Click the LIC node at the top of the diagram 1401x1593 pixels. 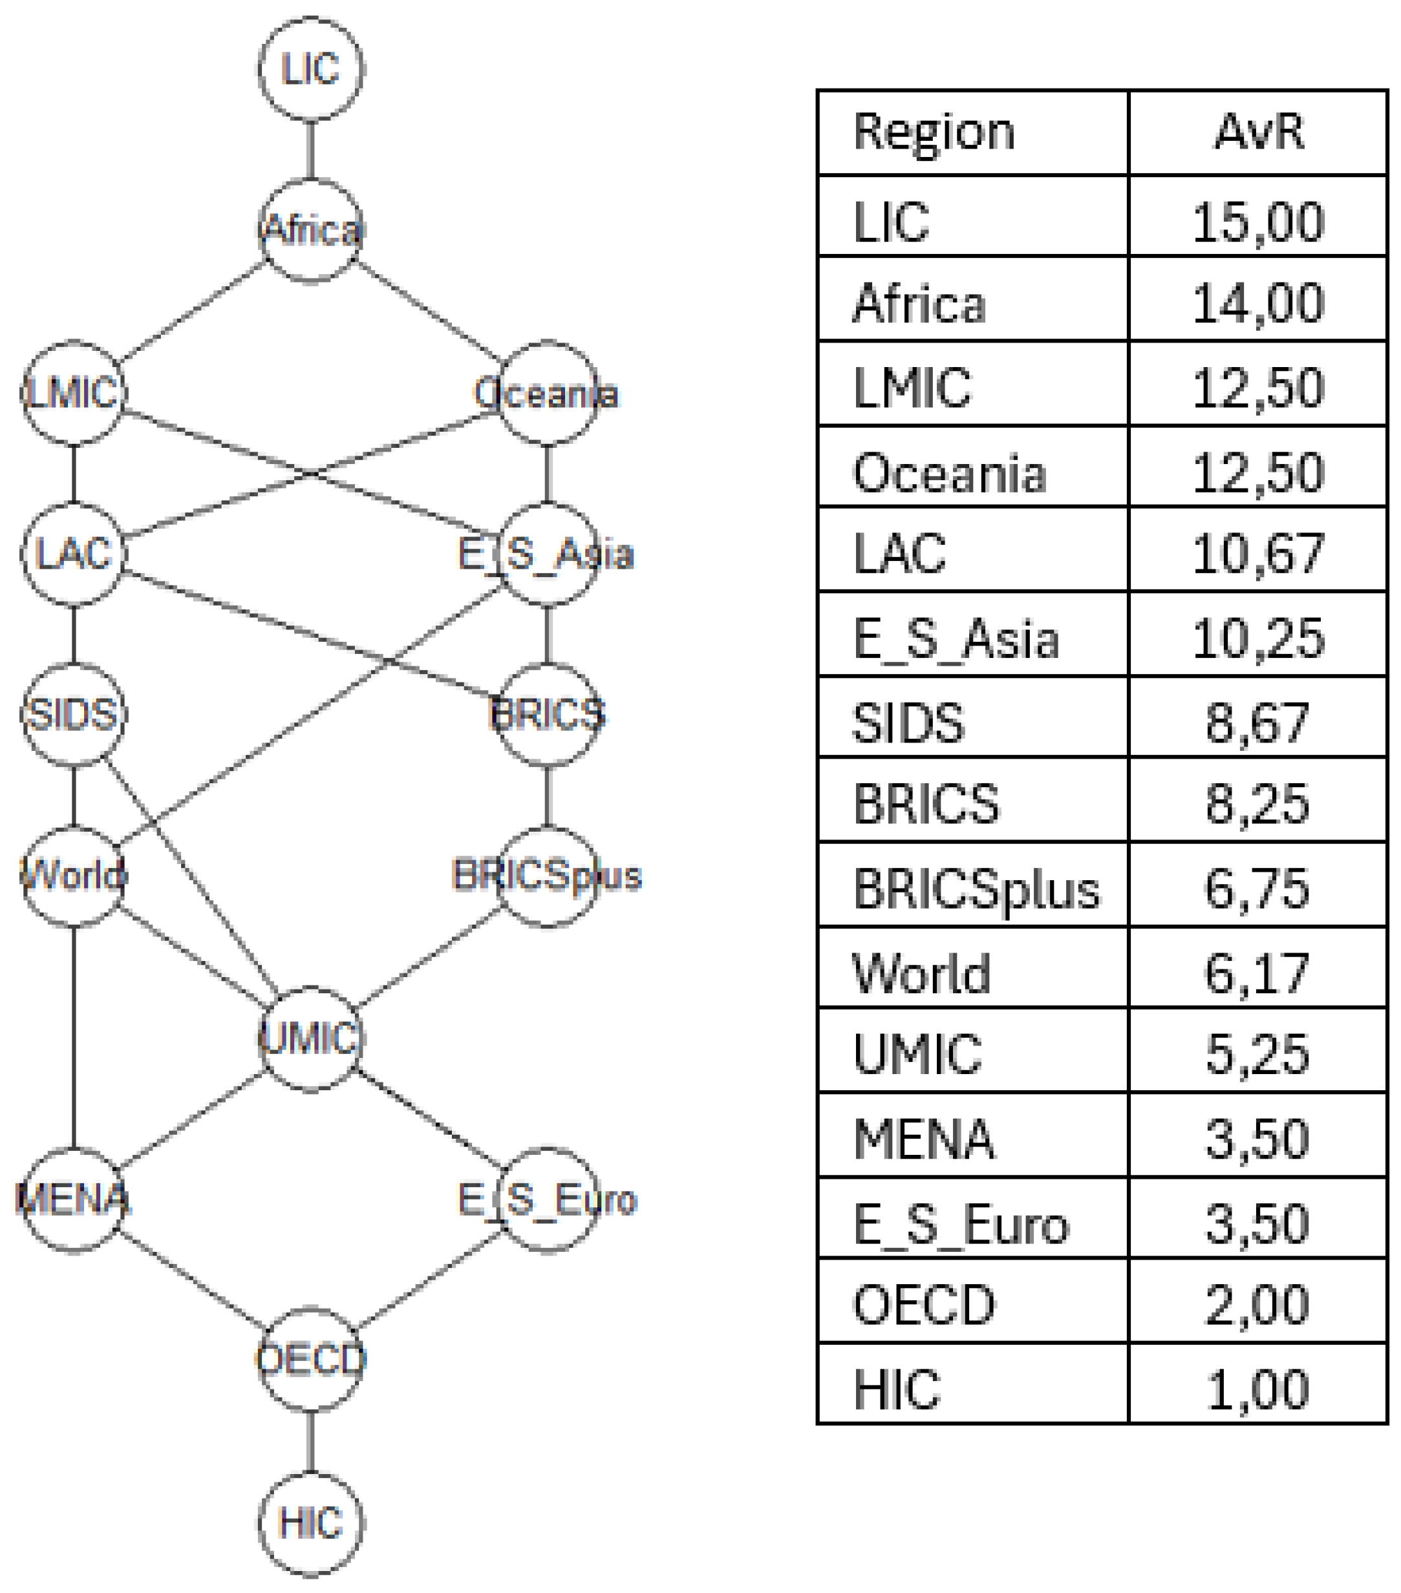[x=310, y=69]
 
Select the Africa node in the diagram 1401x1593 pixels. [x=310, y=230]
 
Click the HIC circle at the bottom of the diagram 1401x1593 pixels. [x=310, y=1521]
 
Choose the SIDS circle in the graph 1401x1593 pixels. [x=73, y=714]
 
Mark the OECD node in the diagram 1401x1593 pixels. [x=310, y=1359]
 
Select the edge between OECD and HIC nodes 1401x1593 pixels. [x=310, y=1440]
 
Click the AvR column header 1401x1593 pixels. [x=1257, y=132]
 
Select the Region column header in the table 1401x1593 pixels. [x=934, y=132]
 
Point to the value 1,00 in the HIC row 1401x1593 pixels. [x=1257, y=1389]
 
